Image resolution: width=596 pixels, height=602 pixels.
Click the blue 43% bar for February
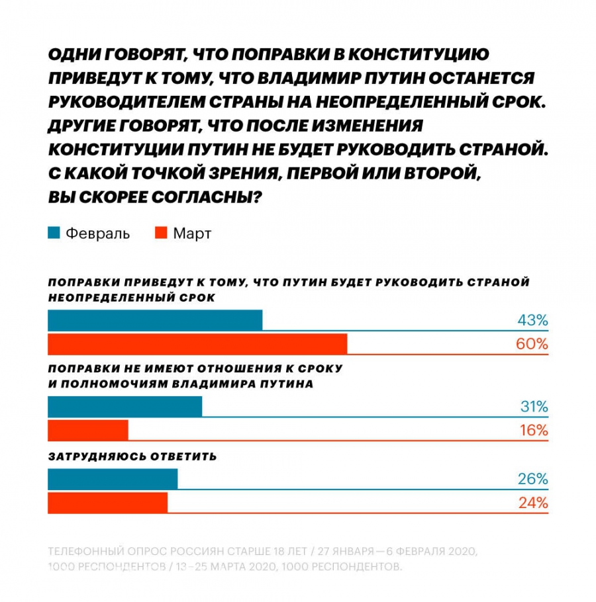(x=155, y=320)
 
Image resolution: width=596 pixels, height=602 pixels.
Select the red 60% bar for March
(x=197, y=344)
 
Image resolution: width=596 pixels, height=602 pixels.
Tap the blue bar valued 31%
(x=124, y=406)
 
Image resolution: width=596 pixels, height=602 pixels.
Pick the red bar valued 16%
(x=87, y=430)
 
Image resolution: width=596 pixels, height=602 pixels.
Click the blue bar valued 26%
(x=113, y=479)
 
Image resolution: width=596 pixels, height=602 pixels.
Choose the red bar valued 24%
(x=107, y=503)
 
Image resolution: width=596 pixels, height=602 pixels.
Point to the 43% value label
(x=532, y=321)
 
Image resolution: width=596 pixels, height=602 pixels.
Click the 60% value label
(x=532, y=344)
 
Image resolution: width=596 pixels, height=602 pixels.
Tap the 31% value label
(x=534, y=407)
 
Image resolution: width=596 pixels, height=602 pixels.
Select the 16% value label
(x=534, y=430)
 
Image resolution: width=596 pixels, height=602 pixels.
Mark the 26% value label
(x=532, y=479)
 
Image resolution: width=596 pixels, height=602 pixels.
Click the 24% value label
(x=532, y=503)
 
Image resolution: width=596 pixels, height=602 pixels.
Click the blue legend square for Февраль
(x=54, y=233)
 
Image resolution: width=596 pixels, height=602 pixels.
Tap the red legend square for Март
(x=160, y=233)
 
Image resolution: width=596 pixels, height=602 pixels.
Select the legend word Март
(x=192, y=234)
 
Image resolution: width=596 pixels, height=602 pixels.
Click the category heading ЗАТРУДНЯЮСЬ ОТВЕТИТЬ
(x=132, y=456)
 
